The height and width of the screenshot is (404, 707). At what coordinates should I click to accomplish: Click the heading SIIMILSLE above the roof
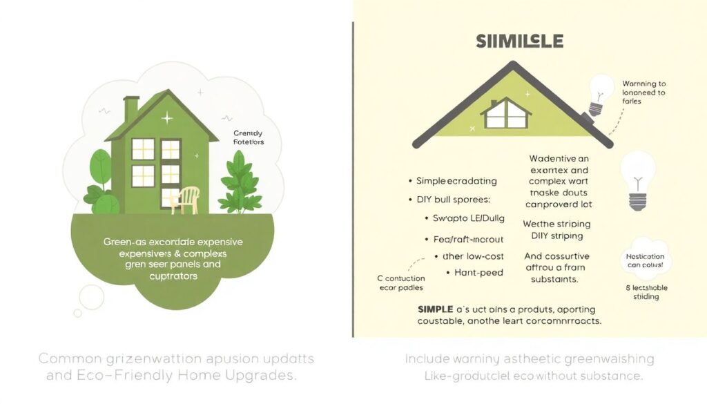[x=519, y=41]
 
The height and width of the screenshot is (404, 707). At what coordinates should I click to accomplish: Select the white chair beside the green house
[x=188, y=199]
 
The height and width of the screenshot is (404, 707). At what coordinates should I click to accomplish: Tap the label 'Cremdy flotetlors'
[x=249, y=137]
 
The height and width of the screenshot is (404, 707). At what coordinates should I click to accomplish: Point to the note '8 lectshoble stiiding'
[x=646, y=292]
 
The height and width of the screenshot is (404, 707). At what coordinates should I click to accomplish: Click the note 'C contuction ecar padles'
[x=400, y=283]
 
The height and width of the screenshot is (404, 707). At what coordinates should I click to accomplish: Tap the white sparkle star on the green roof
[x=166, y=119]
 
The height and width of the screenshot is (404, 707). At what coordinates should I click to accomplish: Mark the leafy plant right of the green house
[x=242, y=181]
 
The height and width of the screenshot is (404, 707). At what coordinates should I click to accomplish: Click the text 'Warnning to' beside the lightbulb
[x=643, y=84]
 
